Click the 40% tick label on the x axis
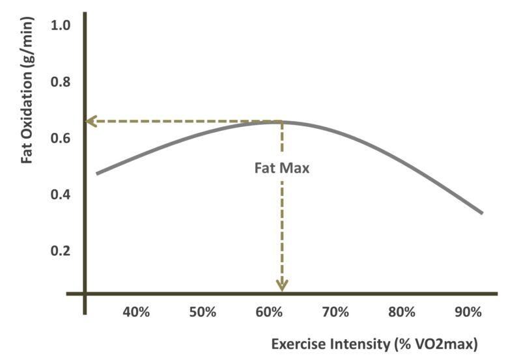click(136, 312)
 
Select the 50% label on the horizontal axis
click(203, 312)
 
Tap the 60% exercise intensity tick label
click(268, 312)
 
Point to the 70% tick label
click(335, 312)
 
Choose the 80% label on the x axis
click(401, 312)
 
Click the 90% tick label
click(467, 312)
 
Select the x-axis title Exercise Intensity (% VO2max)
click(374, 343)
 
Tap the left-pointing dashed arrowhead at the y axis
click(91, 121)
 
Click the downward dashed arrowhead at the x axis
click(281, 285)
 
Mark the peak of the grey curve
click(281, 122)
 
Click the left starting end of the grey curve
click(97, 174)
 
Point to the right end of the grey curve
click(482, 213)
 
